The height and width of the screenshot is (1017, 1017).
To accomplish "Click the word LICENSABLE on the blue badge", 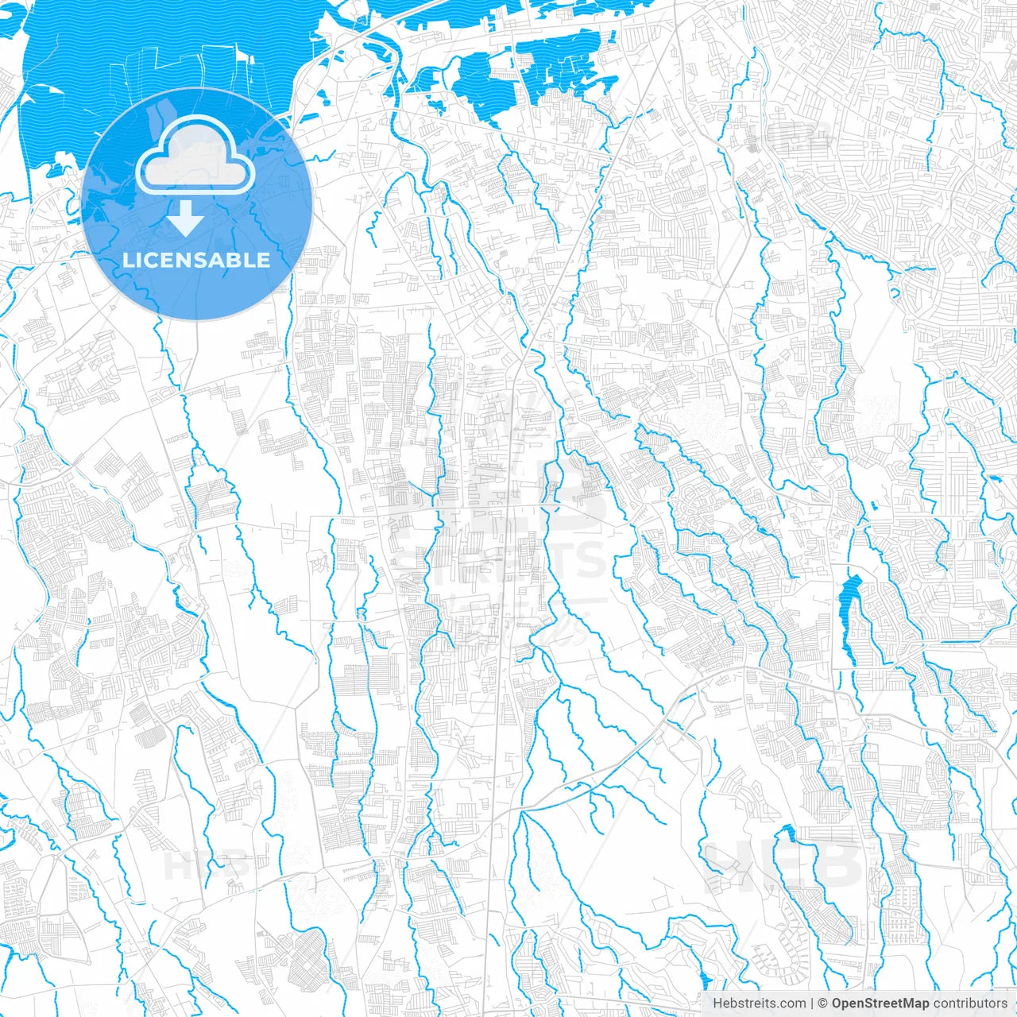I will pos(196,261).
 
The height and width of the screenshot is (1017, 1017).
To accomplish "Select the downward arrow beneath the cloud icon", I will pos(186,218).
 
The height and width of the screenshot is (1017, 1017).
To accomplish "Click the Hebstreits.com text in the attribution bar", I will pos(759,1003).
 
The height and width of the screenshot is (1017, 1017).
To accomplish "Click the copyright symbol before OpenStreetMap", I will pos(823,1003).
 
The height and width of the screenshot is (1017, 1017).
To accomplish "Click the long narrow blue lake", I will pos(847,616).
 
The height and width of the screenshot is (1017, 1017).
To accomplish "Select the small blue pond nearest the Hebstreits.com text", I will pos(703,979).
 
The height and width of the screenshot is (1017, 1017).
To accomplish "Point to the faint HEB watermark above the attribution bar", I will pos(783,866).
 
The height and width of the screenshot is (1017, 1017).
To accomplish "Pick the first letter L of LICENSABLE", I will pos(127,261).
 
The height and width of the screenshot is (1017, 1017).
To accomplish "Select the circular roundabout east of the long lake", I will pos(915,586).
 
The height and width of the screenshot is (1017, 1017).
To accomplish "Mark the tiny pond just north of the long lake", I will pos(874,505).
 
